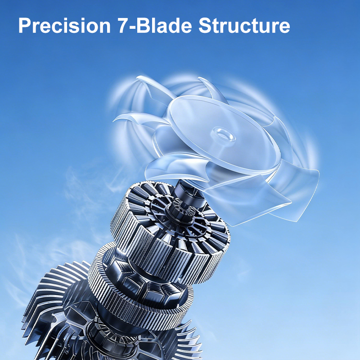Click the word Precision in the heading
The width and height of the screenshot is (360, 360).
[64, 25]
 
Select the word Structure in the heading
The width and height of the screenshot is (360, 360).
[244, 25]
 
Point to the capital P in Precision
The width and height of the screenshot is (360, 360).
[25, 25]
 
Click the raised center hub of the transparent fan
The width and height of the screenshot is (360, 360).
[224, 135]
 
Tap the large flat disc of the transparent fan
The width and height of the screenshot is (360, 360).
[220, 135]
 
